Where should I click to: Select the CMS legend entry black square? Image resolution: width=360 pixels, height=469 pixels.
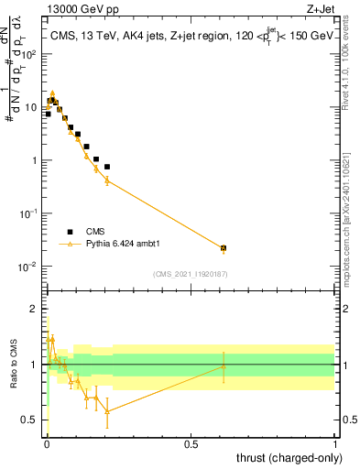70,232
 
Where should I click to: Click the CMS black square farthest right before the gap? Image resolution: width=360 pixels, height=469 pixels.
107,167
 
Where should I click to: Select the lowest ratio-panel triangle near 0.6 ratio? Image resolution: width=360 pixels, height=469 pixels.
107,411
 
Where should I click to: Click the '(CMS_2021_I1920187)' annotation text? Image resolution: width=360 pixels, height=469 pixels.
191,274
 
